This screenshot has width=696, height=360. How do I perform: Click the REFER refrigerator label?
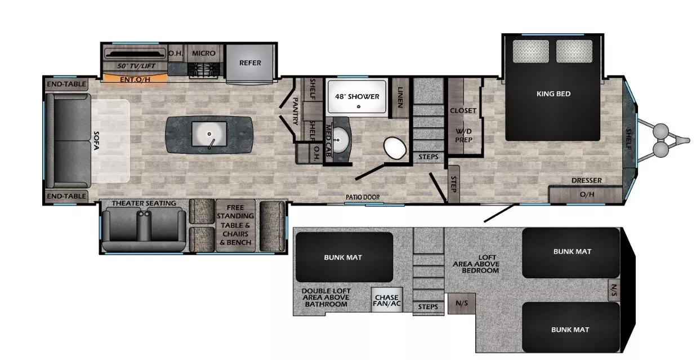(250, 63)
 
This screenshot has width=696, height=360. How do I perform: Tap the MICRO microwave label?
(204, 54)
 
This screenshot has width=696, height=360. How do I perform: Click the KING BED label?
(553, 94)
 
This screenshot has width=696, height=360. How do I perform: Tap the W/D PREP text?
(463, 135)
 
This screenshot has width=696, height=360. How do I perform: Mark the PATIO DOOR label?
(362, 197)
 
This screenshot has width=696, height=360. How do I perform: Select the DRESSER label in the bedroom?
(586, 180)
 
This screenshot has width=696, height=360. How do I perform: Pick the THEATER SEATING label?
(144, 203)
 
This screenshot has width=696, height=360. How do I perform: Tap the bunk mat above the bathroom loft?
(344, 257)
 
